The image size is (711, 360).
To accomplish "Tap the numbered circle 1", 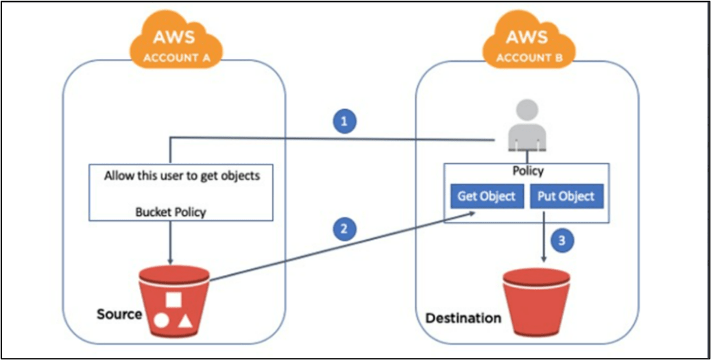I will tap(346, 121).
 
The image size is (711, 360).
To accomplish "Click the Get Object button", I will tap(486, 196).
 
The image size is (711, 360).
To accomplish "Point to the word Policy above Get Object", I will tap(527, 171).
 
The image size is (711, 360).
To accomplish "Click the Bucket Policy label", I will tap(171, 212).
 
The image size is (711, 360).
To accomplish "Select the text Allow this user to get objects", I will tap(182, 176).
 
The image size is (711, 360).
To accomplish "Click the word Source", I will tap(119, 315).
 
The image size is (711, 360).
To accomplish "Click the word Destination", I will tap(463, 318).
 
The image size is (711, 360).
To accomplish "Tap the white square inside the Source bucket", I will tap(173, 300).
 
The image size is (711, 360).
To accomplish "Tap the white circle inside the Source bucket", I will tap(162, 320).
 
